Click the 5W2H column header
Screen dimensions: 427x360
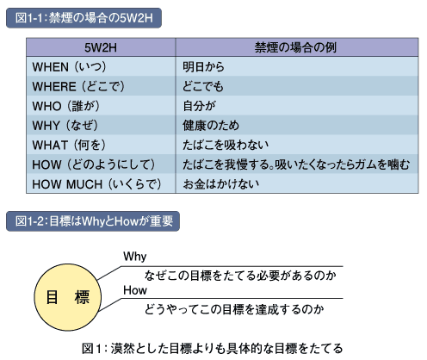click(x=101, y=47)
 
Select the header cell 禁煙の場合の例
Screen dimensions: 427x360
click(x=295, y=47)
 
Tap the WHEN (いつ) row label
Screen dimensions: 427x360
click(x=69, y=67)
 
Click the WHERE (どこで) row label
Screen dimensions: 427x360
click(x=78, y=86)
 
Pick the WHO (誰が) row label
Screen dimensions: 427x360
click(x=66, y=106)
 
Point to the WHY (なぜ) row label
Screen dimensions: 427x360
click(x=65, y=126)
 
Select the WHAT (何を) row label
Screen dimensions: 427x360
click(x=69, y=145)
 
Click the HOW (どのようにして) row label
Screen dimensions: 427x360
click(x=94, y=164)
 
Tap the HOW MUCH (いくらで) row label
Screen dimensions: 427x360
click(x=96, y=184)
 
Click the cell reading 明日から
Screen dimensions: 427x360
click(x=203, y=67)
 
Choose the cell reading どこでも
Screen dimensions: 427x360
click(x=203, y=86)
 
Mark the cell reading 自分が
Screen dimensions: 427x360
click(x=199, y=106)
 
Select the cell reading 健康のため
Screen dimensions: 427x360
click(x=211, y=126)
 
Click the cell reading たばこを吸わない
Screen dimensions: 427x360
click(x=226, y=145)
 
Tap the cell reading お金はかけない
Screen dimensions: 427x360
click(x=221, y=184)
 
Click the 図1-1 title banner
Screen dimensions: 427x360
click(x=84, y=18)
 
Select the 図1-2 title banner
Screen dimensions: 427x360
click(x=93, y=221)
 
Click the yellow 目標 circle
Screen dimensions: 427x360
click(x=68, y=297)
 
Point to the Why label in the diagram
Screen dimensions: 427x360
click(x=135, y=256)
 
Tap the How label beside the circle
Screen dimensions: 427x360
click(x=135, y=290)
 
